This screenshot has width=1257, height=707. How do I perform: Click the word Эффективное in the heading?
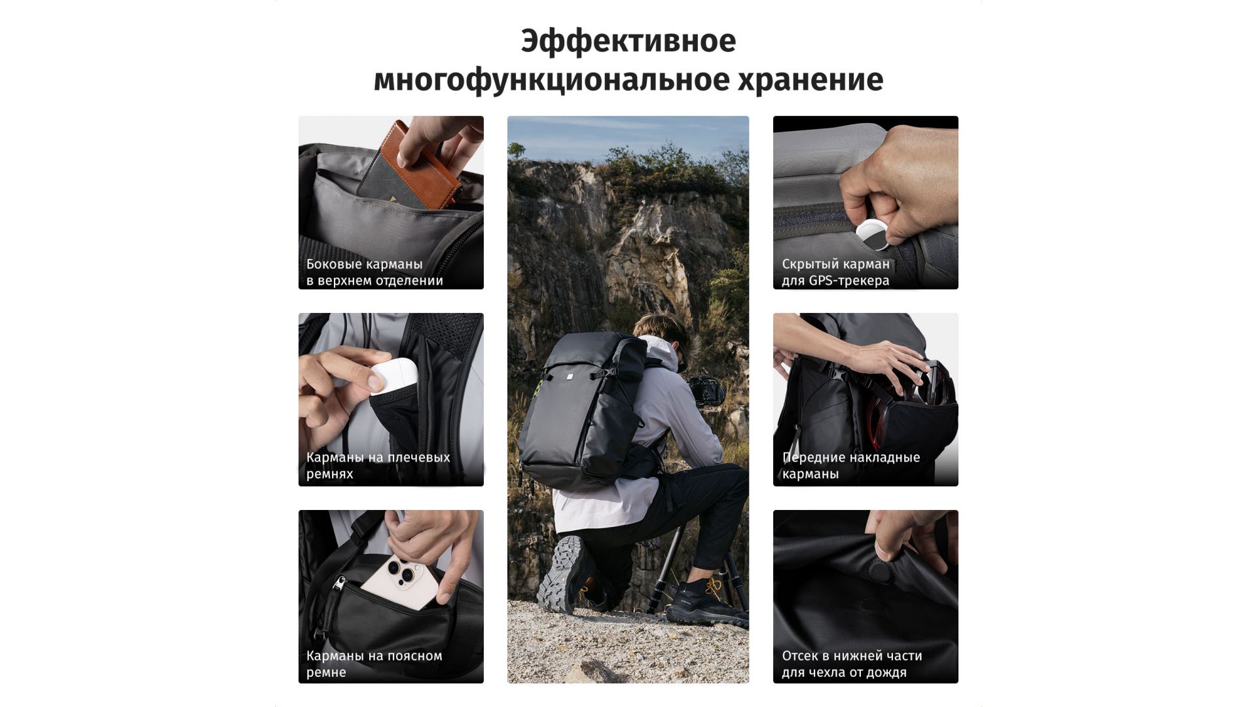628,41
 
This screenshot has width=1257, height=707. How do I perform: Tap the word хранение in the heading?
811,80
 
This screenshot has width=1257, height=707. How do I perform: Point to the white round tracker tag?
873,236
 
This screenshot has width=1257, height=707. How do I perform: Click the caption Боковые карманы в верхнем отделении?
374,272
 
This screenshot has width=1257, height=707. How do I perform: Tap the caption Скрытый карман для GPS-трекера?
835,272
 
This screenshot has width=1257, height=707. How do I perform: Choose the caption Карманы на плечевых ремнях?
378,465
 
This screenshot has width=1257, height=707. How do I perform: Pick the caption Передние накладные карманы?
850,465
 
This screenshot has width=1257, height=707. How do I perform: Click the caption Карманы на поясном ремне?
374,664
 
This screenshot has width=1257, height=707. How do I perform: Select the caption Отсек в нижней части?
852,656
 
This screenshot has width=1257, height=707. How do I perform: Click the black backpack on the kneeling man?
583,409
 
